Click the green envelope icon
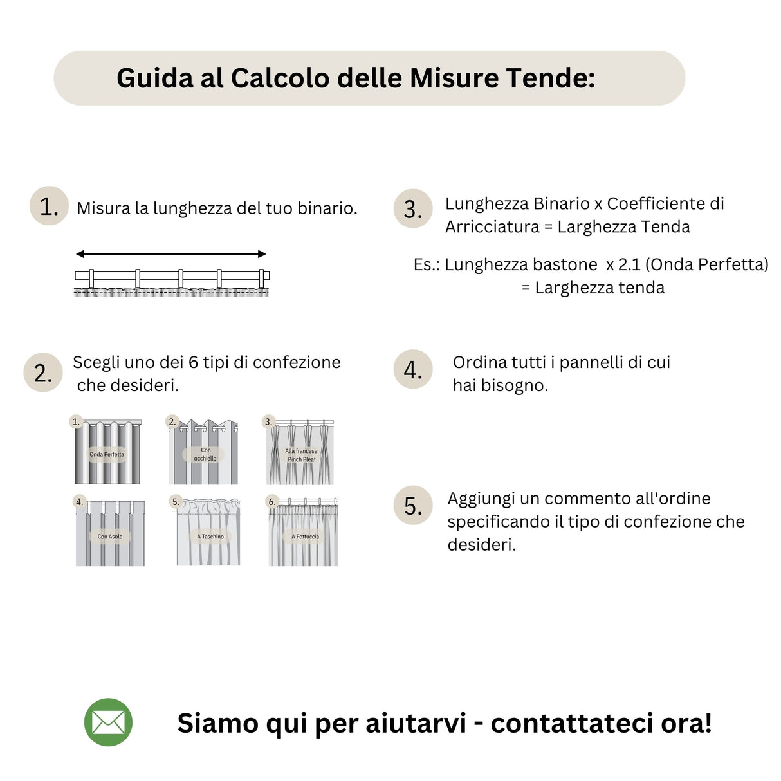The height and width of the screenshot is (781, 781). [x=108, y=722]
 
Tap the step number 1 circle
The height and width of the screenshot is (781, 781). [x=49, y=207]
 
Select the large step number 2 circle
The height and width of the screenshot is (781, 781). [x=43, y=372]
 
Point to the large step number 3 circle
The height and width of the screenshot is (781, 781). [x=412, y=209]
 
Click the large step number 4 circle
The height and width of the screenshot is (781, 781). [x=412, y=370]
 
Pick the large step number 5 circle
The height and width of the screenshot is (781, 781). [x=412, y=506]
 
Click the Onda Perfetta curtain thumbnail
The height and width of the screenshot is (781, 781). [x=107, y=452]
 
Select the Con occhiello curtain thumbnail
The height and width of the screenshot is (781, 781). [x=203, y=452]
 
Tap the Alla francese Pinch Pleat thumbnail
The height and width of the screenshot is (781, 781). [x=300, y=452]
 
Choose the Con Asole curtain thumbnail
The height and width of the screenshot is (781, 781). [x=110, y=533]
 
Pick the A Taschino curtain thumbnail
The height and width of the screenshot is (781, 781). [x=208, y=533]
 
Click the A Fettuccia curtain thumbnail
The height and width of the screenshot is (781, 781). [x=303, y=533]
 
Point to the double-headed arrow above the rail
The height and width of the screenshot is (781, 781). [x=171, y=254]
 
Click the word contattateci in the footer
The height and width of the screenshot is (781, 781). [x=572, y=723]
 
